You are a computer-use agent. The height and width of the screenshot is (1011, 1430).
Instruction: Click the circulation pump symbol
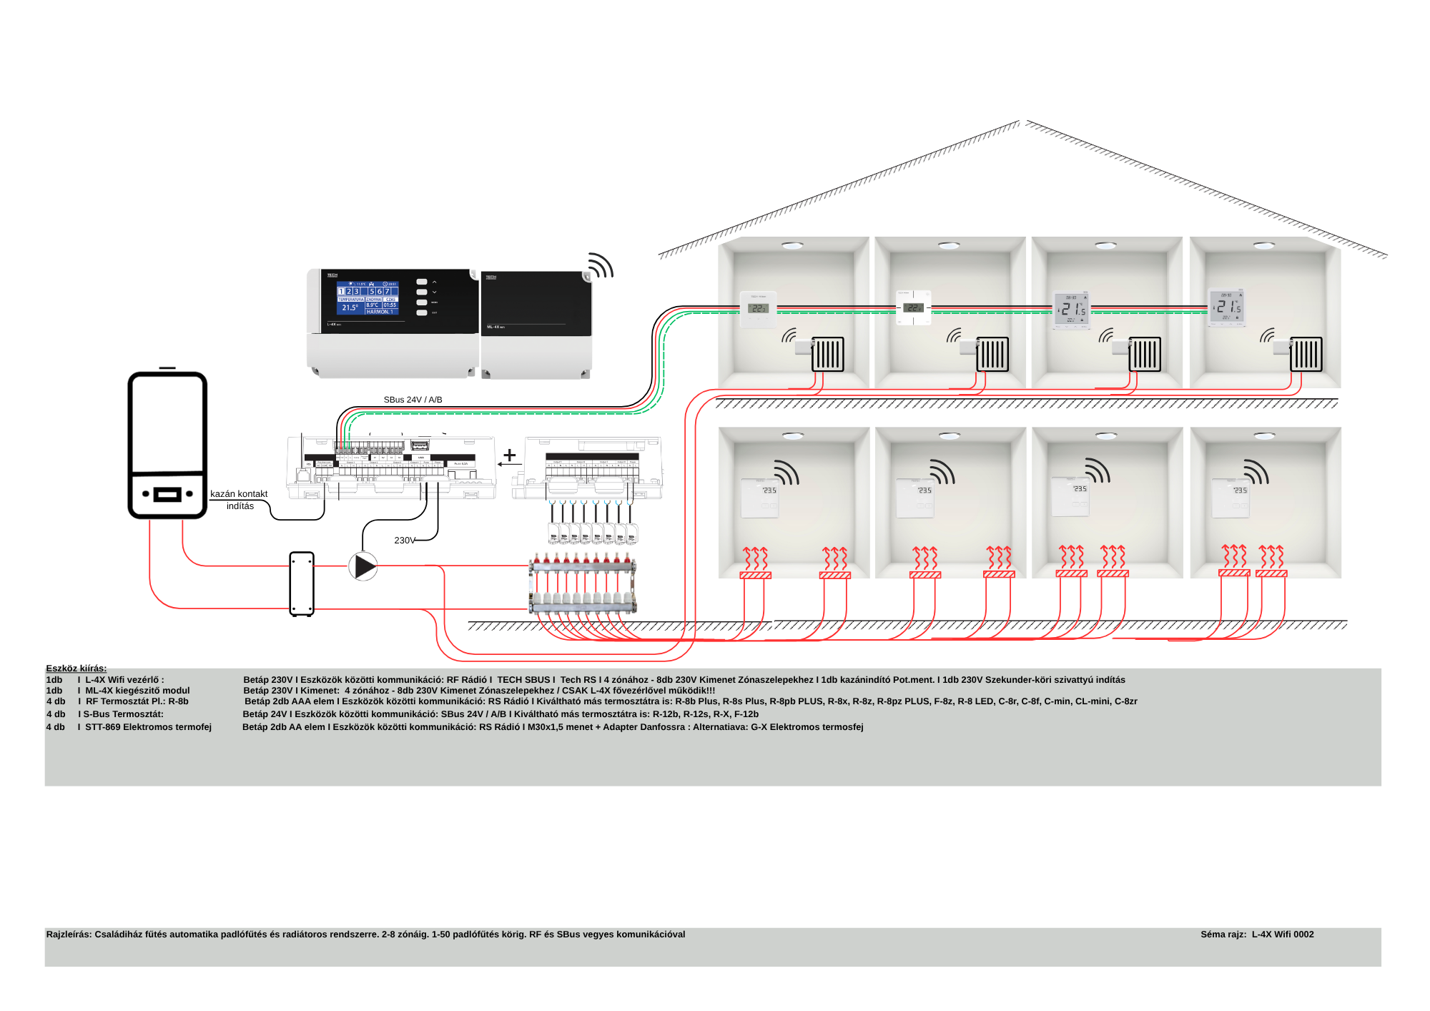click(x=363, y=566)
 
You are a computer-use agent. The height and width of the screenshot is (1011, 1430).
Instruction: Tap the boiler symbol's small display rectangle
click(x=167, y=494)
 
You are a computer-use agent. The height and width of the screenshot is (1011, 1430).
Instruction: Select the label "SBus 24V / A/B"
click(x=413, y=400)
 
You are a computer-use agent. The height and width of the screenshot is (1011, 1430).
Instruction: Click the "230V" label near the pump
click(x=404, y=541)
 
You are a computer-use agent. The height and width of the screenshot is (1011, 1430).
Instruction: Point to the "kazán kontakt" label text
click(x=239, y=494)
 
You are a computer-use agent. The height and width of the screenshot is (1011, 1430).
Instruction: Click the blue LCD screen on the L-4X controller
click(x=368, y=298)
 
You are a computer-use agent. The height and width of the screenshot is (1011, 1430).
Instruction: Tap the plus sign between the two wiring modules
click(x=510, y=455)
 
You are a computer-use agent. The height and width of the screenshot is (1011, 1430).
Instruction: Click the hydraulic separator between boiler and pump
click(x=302, y=583)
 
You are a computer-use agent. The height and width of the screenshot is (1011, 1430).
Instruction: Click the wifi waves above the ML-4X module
click(x=601, y=266)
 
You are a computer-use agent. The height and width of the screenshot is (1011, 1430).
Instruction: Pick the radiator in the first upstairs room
click(x=828, y=354)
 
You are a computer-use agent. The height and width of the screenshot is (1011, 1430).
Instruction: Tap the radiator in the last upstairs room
click(x=1306, y=354)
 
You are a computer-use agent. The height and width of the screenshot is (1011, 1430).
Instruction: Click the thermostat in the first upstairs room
click(x=758, y=309)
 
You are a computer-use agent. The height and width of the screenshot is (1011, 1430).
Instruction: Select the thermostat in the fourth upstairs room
click(x=1226, y=307)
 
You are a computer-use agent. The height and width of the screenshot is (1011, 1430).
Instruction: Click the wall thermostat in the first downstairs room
click(x=759, y=498)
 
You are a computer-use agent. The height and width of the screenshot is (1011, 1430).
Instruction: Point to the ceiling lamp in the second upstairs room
click(x=949, y=245)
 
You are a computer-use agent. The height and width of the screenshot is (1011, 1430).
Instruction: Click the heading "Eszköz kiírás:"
click(x=77, y=669)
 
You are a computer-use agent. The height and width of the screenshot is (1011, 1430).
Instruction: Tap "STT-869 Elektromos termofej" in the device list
click(x=148, y=727)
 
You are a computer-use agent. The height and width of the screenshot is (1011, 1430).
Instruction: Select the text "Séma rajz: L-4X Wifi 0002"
click(x=1257, y=934)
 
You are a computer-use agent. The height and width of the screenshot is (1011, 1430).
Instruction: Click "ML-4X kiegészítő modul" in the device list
click(x=137, y=691)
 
